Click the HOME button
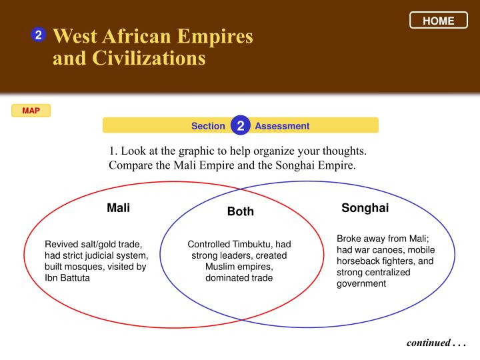coord(439,20)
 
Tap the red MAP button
coord(31,111)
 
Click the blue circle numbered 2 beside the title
coord(39,35)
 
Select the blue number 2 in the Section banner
coord(241,125)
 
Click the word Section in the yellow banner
coord(208,126)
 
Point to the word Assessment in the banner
coord(282,126)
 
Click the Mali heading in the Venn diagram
coord(119,208)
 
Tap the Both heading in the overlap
coord(241,211)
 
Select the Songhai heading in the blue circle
coord(365,208)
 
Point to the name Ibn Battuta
coord(67,278)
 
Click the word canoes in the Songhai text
coord(389,250)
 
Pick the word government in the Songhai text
coord(361,284)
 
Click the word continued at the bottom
coord(429,343)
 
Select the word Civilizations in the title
coord(149,58)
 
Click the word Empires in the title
coord(215,37)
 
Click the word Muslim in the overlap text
coord(219,267)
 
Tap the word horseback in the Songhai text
coord(358,261)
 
